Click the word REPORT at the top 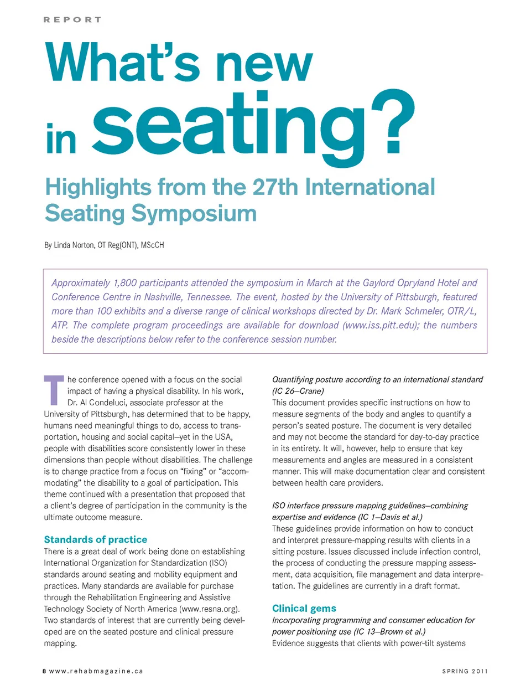[x=72, y=20]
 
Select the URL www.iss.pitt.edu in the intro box [x=380, y=325]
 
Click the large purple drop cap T [x=54, y=390]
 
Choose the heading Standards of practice [x=96, y=539]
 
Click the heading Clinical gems [x=304, y=608]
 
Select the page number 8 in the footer [x=44, y=671]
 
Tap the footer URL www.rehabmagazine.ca [x=96, y=671]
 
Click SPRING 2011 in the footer [x=465, y=671]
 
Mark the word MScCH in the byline [x=153, y=245]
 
